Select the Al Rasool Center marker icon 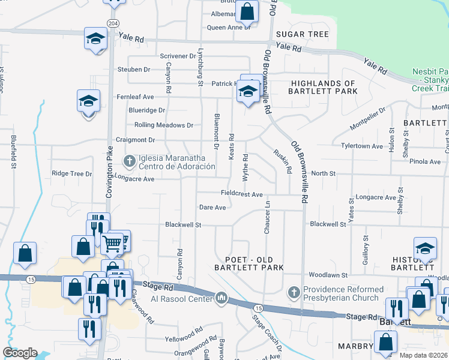click(221, 298)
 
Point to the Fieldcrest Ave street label click(242, 194)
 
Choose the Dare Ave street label click(212, 208)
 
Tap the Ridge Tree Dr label click(71, 173)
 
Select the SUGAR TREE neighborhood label click(302, 34)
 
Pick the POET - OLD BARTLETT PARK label click(254, 263)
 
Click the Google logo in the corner click(20, 353)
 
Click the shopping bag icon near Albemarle click(247, 10)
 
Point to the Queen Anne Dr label click(228, 27)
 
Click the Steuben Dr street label click(133, 70)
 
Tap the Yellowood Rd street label click(184, 334)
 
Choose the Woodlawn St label click(328, 275)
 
